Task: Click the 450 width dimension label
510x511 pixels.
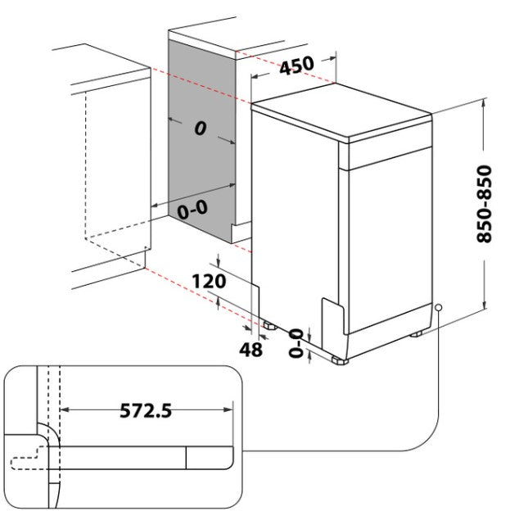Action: click(297, 66)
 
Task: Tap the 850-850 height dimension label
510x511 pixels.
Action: click(484, 204)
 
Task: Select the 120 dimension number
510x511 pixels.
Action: click(209, 281)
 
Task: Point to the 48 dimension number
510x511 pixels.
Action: click(250, 350)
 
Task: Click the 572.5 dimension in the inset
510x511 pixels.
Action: click(146, 410)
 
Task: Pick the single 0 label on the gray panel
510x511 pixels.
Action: click(201, 128)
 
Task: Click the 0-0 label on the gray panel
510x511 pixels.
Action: click(192, 210)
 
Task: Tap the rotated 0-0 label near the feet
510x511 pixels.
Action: click(296, 343)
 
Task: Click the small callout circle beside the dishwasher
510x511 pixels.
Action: click(439, 307)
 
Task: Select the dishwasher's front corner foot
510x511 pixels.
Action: click(340, 360)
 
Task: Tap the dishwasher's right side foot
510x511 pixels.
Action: click(416, 334)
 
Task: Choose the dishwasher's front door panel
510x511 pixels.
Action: click(390, 240)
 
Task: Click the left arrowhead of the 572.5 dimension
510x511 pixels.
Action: click(65, 409)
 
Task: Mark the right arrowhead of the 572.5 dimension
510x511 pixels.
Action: click(228, 409)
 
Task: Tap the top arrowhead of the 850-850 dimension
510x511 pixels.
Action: click(484, 102)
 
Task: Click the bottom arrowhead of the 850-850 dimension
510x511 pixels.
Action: click(485, 304)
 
